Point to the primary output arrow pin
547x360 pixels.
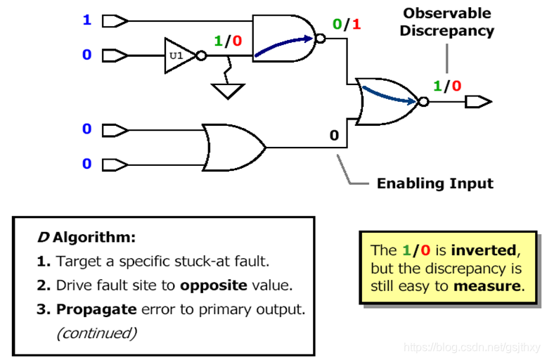click(479, 102)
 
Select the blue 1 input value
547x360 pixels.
click(87, 20)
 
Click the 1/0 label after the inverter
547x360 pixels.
click(228, 41)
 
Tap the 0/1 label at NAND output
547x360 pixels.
click(347, 25)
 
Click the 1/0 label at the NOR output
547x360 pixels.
click(447, 86)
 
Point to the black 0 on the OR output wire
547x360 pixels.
click(335, 134)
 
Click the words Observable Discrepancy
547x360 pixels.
click(447, 22)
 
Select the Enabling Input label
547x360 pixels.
click(435, 184)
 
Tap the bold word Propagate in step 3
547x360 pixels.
click(93, 309)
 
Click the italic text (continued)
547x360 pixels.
click(96, 332)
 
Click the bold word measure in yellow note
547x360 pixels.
click(489, 286)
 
